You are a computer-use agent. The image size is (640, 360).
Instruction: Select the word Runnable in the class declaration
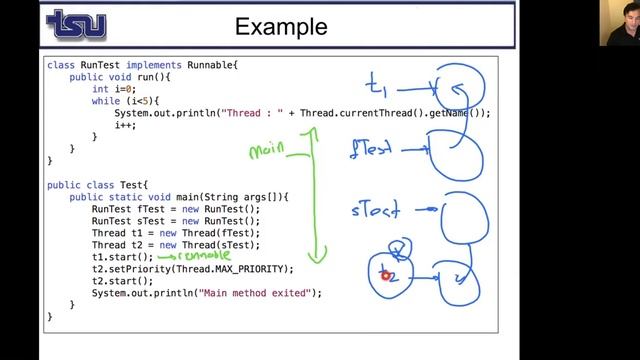pos(190,65)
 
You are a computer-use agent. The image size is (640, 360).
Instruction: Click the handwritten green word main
pos(266,151)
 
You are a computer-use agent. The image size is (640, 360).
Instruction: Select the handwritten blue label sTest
pos(375,210)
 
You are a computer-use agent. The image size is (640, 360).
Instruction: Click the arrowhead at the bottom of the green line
pos(316,258)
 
